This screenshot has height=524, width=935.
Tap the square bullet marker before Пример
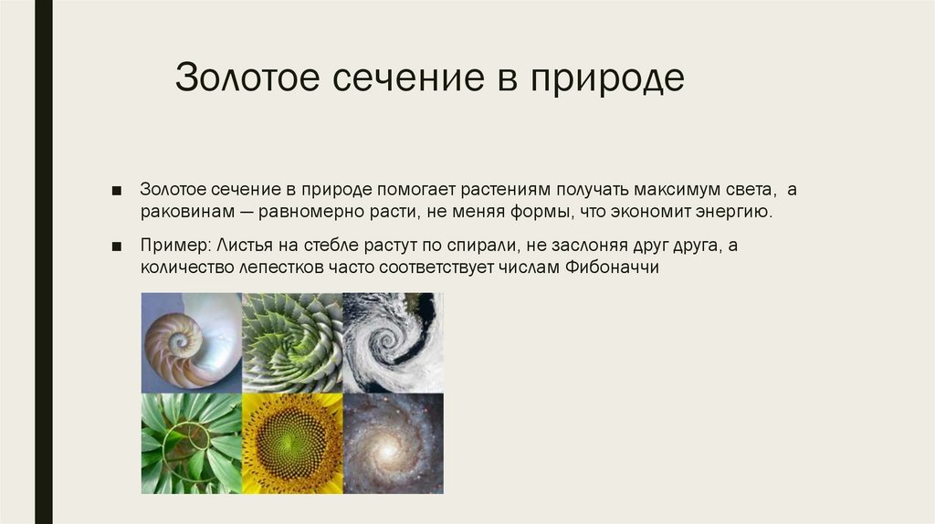[116, 247]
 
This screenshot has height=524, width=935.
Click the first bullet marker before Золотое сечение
[116, 190]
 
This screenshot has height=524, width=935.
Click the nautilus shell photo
[192, 342]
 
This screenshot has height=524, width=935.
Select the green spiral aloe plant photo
[292, 342]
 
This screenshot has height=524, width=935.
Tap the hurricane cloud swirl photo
[393, 342]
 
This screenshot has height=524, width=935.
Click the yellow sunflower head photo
[292, 444]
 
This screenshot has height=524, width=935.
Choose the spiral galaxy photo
[393, 444]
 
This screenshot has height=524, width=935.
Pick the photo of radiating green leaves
[192, 444]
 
